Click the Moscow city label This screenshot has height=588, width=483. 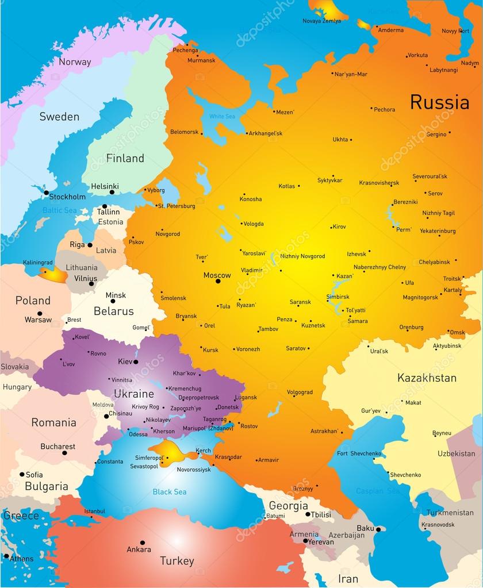(217, 275)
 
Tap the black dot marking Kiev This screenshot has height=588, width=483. (136, 362)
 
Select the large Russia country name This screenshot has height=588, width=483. (439, 102)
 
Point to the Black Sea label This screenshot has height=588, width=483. (169, 492)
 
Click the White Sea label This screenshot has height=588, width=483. (222, 117)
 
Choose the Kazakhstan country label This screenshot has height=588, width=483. (427, 378)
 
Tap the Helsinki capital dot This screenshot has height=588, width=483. (112, 192)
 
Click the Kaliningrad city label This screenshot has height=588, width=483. (38, 263)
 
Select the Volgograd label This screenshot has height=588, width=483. (300, 393)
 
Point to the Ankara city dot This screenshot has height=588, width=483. (143, 542)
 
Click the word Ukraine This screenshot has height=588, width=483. (133, 394)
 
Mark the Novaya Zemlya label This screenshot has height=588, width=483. (321, 21)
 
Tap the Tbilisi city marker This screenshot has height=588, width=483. (308, 514)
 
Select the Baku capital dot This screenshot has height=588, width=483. (378, 529)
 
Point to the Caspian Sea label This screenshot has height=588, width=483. (377, 491)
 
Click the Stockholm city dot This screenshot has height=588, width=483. (46, 192)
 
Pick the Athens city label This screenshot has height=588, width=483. (21, 559)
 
